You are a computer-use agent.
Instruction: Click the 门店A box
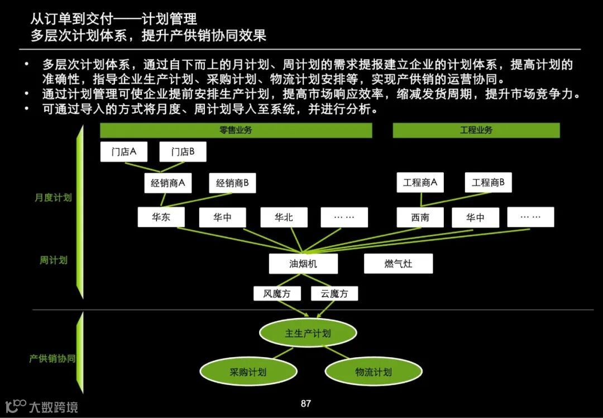click(123, 152)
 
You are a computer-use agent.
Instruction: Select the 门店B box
click(183, 152)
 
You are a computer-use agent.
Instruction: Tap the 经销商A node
click(167, 183)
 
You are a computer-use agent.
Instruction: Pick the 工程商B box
click(488, 183)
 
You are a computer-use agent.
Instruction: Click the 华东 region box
click(161, 217)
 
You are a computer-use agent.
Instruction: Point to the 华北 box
click(284, 217)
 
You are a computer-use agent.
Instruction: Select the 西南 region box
click(420, 217)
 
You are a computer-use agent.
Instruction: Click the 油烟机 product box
click(303, 264)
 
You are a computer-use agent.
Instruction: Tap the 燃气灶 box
click(398, 264)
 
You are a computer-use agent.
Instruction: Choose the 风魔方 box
click(277, 293)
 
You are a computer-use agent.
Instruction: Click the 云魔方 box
click(334, 293)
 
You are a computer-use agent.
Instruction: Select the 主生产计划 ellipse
click(308, 334)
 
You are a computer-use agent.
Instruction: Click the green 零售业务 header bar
click(236, 130)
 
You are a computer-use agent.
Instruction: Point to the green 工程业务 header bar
click(476, 130)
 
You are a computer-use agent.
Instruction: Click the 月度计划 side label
click(53, 197)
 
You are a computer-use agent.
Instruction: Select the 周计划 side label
click(53, 260)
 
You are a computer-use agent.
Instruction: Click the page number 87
click(305, 403)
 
